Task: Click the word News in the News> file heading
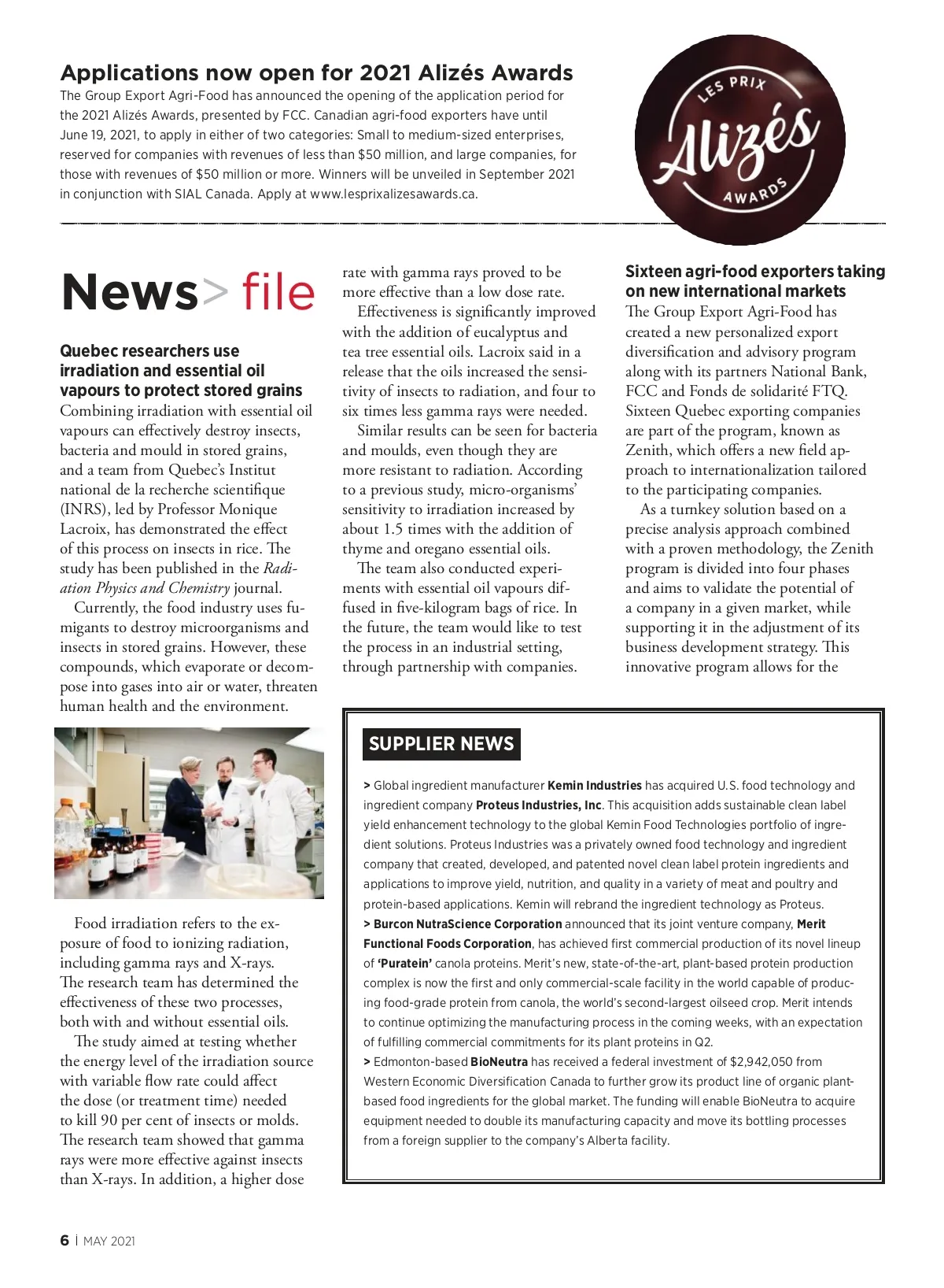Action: click(130, 292)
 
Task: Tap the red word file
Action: click(278, 292)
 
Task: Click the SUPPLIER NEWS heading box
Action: click(441, 744)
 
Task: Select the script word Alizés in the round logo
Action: click(737, 142)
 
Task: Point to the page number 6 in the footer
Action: click(65, 1241)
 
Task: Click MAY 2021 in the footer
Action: click(109, 1242)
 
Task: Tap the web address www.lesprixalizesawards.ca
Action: click(393, 194)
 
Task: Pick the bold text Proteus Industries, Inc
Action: click(539, 805)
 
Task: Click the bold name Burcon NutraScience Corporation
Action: click(467, 924)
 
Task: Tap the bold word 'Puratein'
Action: click(405, 964)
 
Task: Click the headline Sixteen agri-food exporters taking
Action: click(754, 272)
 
